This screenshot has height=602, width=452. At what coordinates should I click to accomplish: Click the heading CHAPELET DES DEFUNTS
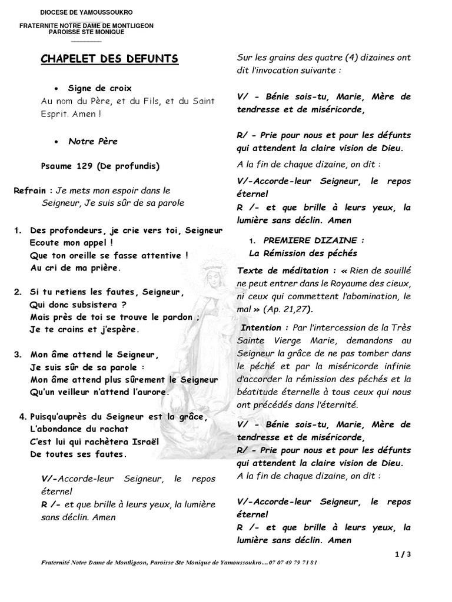point(109,59)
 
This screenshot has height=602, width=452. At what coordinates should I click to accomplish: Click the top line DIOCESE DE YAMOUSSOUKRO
point(86,12)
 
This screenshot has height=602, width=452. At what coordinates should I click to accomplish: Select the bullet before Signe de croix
point(55,88)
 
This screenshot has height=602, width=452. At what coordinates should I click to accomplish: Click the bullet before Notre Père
point(55,142)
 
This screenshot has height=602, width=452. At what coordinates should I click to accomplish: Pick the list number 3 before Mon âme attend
point(18,354)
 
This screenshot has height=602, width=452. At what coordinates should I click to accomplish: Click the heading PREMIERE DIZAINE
point(314,240)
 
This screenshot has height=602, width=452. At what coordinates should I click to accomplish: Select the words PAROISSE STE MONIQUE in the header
point(86,32)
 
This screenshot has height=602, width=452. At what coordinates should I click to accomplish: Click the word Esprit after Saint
point(55,113)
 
